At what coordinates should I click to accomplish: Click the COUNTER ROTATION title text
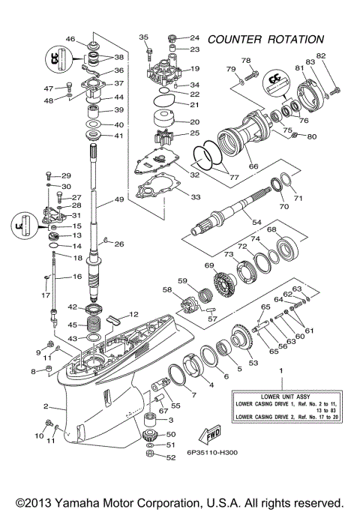[x=265, y=39]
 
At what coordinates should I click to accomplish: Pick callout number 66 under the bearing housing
[x=253, y=166]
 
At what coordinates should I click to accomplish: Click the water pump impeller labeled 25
[x=163, y=140]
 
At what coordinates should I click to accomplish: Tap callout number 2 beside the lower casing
[x=46, y=407]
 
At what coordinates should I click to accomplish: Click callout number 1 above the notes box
[x=281, y=370]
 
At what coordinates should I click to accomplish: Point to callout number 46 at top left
[x=70, y=39]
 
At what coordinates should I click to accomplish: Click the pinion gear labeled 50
[x=150, y=434]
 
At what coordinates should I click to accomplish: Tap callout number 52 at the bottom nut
[x=171, y=457]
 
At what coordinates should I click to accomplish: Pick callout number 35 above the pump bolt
[x=144, y=37]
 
